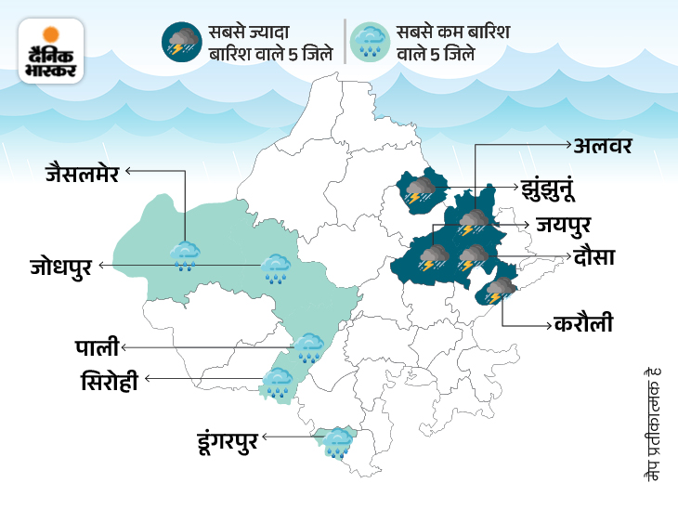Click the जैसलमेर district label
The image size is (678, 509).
[82, 172]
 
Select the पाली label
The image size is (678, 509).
[97, 348]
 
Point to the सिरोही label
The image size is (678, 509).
[108, 380]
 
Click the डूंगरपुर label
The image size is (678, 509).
[229, 436]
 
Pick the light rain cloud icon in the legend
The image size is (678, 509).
[371, 42]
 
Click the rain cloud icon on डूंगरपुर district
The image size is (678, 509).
[336, 441]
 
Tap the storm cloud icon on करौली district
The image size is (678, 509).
[500, 291]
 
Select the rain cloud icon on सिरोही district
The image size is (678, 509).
[277, 381]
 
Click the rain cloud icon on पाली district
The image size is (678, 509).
[308, 347]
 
